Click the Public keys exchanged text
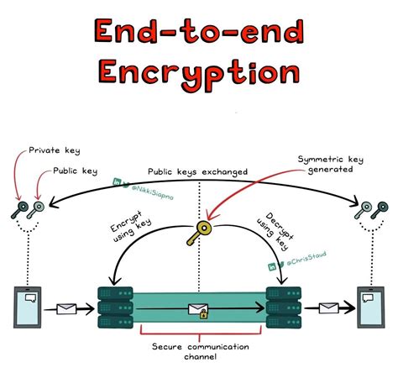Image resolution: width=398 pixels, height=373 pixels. click(x=198, y=171)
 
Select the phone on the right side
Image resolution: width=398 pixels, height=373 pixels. click(x=369, y=308)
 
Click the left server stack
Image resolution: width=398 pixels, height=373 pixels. click(x=113, y=308)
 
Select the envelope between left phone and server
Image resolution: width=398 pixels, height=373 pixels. click(x=67, y=311)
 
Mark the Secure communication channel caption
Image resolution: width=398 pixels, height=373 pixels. click(x=198, y=353)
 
